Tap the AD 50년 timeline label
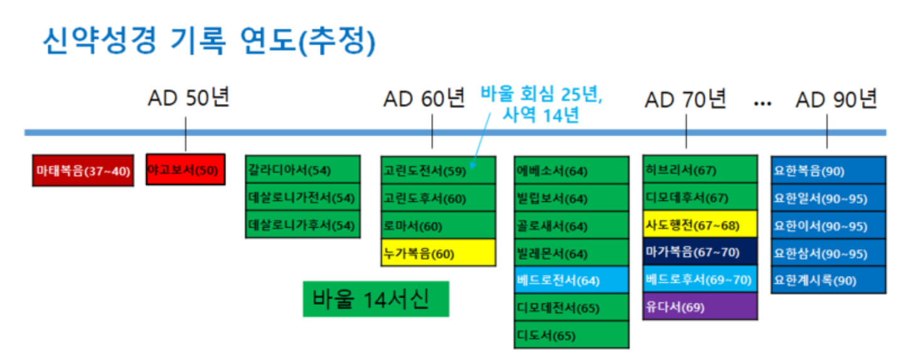tap(189, 98)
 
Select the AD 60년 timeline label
tap(425, 98)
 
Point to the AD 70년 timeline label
tap(685, 98)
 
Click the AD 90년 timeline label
tap(836, 98)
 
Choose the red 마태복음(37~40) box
tap(83, 170)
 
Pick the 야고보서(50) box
tap(185, 170)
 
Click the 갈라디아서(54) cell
tap(302, 170)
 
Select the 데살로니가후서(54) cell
tap(302, 225)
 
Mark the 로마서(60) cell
tap(438, 225)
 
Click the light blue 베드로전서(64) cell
tap(571, 280)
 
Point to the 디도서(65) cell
tap(571, 335)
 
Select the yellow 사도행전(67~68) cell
tap(700, 225)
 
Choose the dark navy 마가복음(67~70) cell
tap(700, 252)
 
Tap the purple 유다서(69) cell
tap(700, 307)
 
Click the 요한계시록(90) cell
tap(828, 280)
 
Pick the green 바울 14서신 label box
tap(376, 299)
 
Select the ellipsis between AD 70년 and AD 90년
tap(762, 103)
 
